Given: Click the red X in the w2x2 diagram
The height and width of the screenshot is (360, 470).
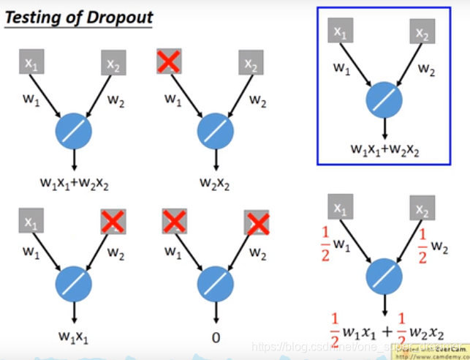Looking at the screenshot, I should click(x=169, y=61).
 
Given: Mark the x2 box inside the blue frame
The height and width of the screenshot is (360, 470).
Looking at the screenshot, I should click(x=422, y=31).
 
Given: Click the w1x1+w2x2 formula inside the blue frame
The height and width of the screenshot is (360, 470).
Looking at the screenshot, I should click(x=382, y=151).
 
